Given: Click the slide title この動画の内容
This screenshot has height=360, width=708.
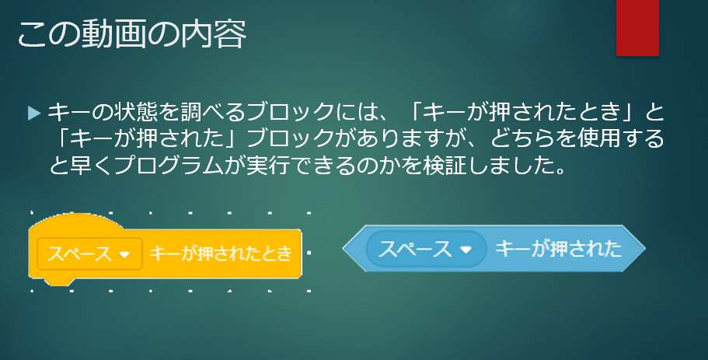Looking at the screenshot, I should [132, 35].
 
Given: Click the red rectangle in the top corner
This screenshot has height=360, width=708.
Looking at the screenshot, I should [637, 28].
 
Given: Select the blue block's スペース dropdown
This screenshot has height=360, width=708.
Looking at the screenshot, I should [424, 250].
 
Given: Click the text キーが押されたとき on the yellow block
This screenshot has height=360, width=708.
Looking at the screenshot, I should [221, 253].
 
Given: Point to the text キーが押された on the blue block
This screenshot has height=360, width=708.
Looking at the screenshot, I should [558, 250].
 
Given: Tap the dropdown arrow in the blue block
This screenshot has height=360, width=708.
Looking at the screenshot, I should [466, 250].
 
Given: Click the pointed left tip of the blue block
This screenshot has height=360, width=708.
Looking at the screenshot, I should [345, 250].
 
